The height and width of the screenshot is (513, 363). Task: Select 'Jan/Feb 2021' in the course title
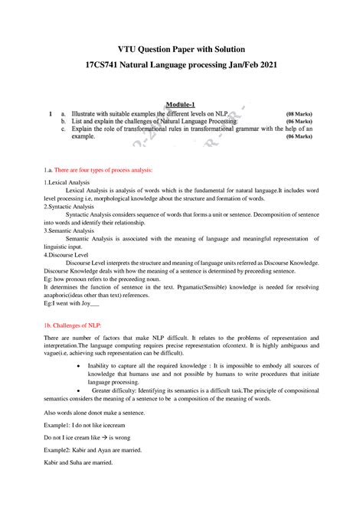(x=249, y=67)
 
